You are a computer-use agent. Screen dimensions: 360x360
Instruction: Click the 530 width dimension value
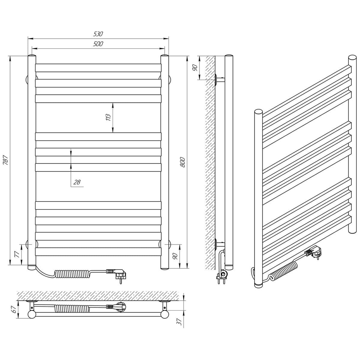click(x=98, y=34)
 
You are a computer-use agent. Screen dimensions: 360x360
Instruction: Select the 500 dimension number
click(x=98, y=44)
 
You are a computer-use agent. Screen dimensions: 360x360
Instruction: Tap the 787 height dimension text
click(x=6, y=160)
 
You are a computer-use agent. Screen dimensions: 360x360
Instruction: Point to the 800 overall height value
click(x=183, y=162)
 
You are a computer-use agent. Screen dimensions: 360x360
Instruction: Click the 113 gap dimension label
click(x=108, y=117)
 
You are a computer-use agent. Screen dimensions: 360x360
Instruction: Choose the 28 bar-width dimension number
click(x=77, y=182)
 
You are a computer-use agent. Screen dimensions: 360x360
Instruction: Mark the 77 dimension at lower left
click(x=17, y=254)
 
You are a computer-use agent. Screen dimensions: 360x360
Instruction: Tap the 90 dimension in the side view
click(x=195, y=67)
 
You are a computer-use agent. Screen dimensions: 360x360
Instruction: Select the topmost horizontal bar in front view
click(x=98, y=68)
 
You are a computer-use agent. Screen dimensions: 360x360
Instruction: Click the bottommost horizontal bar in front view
click(x=98, y=252)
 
